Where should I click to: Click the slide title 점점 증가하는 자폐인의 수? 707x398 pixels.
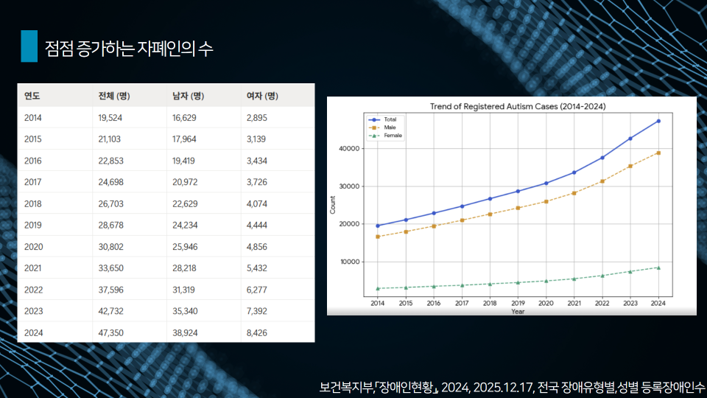tap(129, 49)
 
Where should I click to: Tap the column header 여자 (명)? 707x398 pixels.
tap(262, 96)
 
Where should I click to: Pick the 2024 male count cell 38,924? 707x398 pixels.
tap(186, 332)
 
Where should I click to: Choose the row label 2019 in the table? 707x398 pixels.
tap(33, 225)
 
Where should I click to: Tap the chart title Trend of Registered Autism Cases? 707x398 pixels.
tap(518, 107)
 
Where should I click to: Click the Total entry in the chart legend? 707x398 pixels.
tap(390, 119)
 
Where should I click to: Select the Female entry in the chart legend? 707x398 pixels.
tap(393, 136)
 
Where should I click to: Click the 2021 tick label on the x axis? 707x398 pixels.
tap(574, 303)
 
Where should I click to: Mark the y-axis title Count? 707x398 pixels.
tap(333, 207)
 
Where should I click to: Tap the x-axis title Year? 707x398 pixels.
tap(518, 311)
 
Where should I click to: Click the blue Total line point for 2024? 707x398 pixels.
tap(658, 121)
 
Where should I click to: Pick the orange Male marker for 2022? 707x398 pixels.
tap(602, 181)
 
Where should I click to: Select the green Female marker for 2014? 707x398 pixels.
tap(378, 288)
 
